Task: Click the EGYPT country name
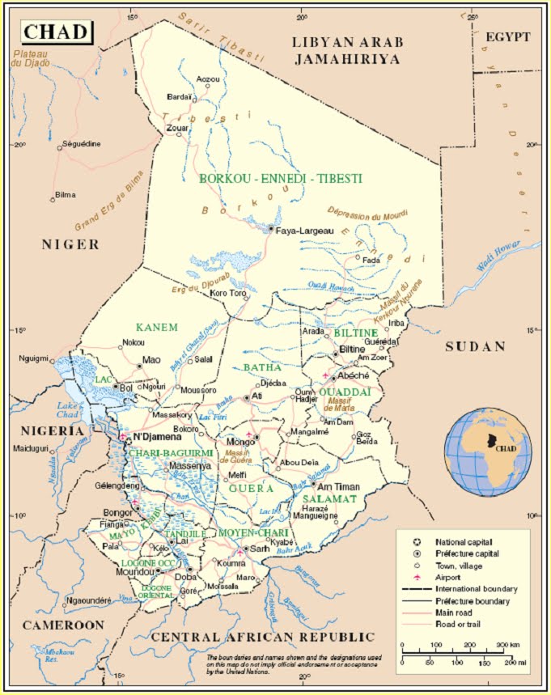pyautogui.click(x=507, y=37)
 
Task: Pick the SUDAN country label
pyautogui.click(x=475, y=346)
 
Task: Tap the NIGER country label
pyautogui.click(x=71, y=244)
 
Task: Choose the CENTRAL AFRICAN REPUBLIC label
pyautogui.click(x=262, y=637)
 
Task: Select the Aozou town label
pyautogui.click(x=209, y=79)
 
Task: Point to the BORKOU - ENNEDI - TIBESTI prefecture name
pyautogui.click(x=280, y=178)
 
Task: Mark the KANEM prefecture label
pyautogui.click(x=156, y=328)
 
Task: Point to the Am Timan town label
pyautogui.click(x=338, y=487)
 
